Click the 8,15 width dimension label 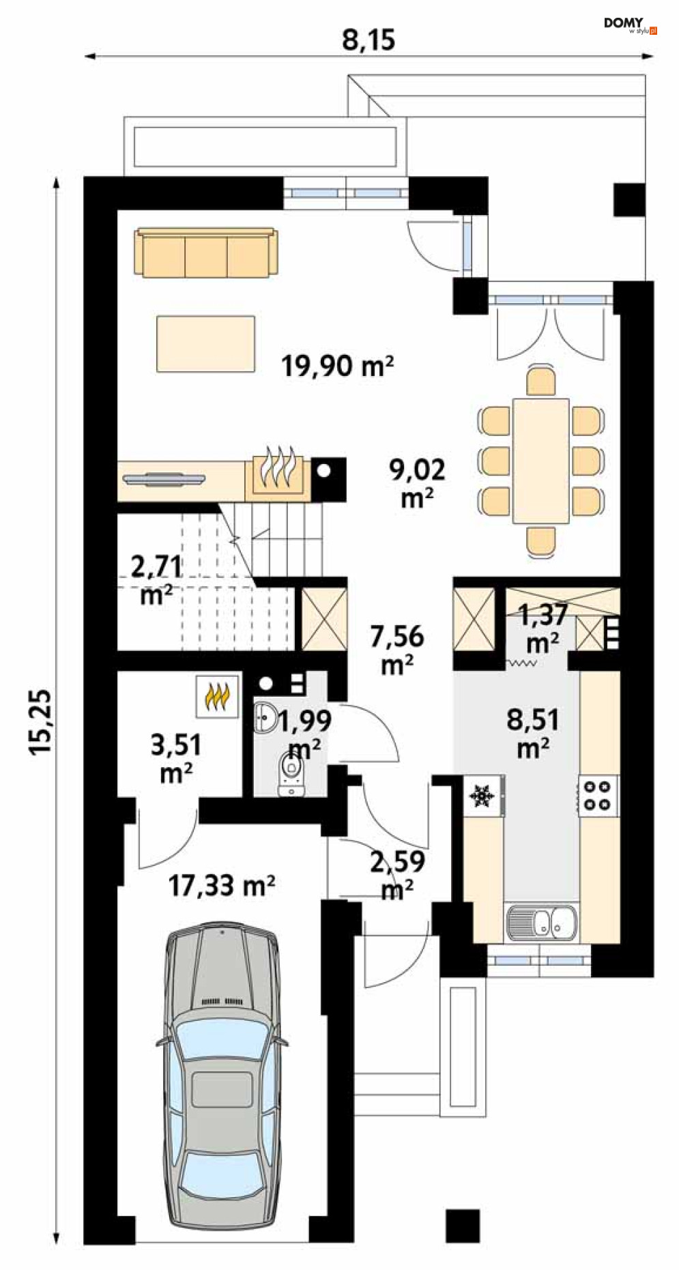[369, 40]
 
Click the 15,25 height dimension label [41, 721]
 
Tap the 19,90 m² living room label [338, 366]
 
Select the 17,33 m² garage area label [222, 886]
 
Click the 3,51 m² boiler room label [176, 758]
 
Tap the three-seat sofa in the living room [207, 252]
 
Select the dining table [541, 461]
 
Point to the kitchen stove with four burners [598, 795]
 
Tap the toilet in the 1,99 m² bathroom [291, 775]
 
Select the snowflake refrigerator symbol [482, 796]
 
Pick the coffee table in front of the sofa [205, 343]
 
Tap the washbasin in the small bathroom [265, 718]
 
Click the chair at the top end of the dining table [541, 382]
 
